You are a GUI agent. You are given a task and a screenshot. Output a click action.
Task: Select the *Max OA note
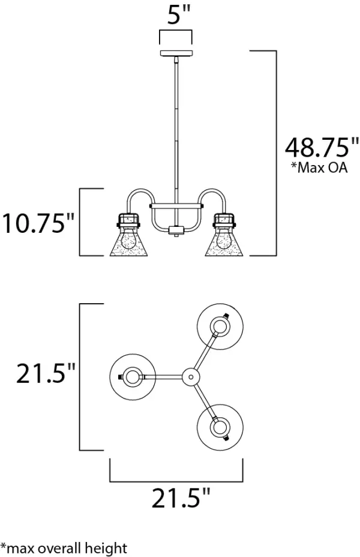(x=319, y=168)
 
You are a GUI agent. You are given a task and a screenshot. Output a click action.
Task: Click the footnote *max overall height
(x=64, y=547)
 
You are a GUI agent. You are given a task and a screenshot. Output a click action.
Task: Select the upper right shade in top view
(x=220, y=327)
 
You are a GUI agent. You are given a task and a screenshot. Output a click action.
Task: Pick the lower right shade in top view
(x=220, y=426)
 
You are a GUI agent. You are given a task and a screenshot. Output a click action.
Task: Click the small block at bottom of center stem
(x=175, y=230)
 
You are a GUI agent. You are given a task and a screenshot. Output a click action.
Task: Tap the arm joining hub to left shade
(x=162, y=376)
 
